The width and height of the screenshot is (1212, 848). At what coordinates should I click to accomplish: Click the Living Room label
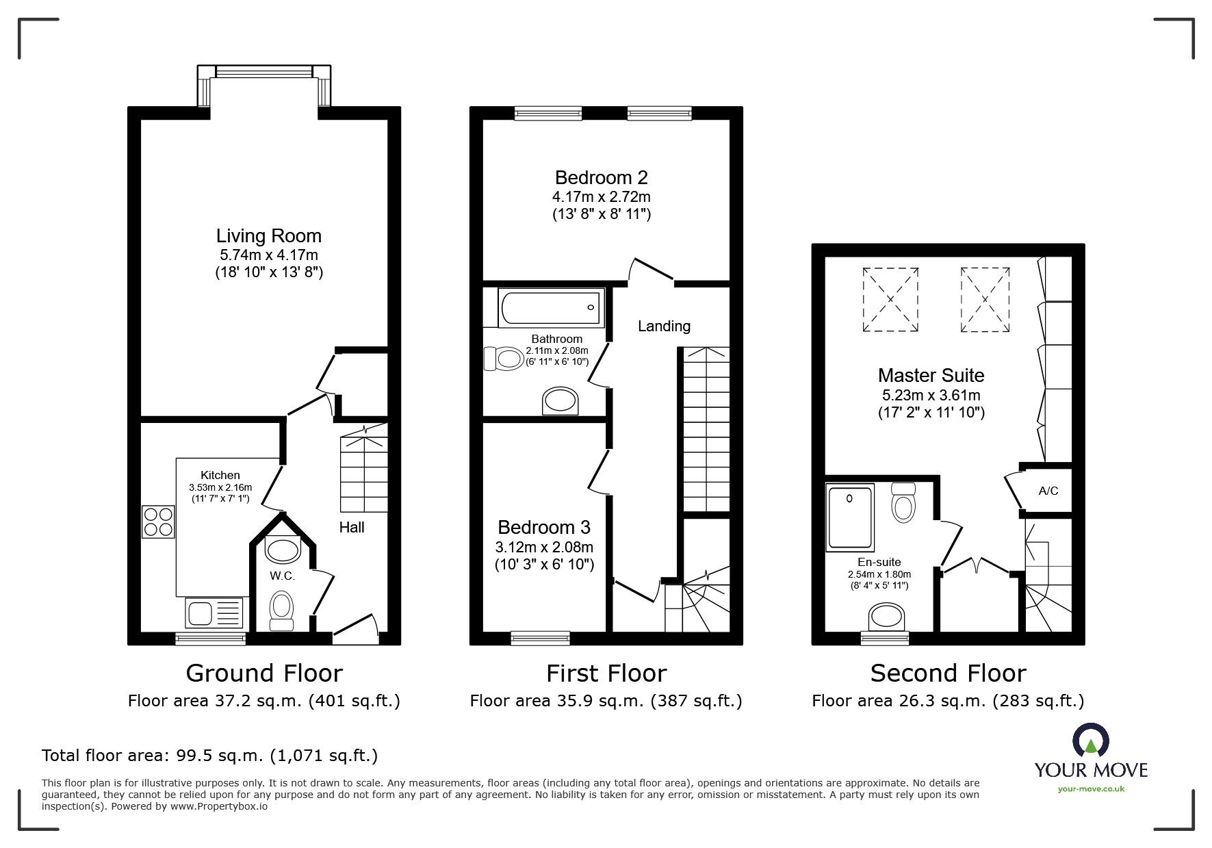coord(268,236)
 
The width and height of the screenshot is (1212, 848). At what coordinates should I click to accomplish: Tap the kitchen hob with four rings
coord(159,522)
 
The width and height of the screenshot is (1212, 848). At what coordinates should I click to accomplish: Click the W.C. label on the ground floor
coord(281,576)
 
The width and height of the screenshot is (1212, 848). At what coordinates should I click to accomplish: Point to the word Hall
coord(352,527)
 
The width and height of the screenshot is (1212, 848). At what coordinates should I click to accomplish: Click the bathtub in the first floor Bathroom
coord(552,307)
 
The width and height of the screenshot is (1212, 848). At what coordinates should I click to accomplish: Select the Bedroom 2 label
coord(601,178)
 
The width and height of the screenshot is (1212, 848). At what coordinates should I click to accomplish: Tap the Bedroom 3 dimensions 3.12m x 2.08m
coord(544,547)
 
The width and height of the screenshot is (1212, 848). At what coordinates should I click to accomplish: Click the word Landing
coord(663,326)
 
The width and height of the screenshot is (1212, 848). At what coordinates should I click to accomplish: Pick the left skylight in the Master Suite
coord(890,300)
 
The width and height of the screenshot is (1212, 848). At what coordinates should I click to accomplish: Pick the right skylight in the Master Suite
coord(985,300)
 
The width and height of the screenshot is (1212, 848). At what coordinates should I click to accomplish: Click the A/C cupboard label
coord(1048,491)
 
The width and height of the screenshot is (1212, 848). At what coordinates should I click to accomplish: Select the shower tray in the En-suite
coord(850,517)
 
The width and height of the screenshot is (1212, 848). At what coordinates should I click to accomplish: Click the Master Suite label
coord(931,375)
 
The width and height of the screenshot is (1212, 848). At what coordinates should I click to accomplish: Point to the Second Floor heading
coord(948,673)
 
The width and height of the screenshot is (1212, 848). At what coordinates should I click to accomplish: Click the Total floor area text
coord(209,756)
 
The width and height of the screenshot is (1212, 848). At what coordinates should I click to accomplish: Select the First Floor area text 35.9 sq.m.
coord(606,701)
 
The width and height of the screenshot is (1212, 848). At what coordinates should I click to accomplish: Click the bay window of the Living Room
coord(264,72)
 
